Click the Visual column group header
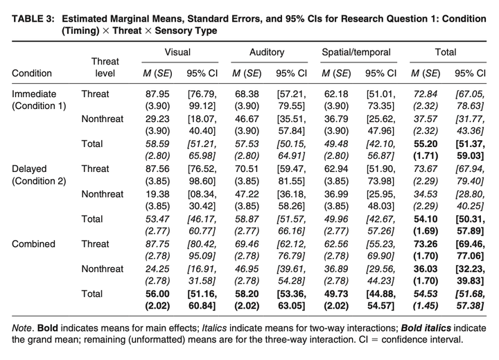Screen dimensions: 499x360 177,52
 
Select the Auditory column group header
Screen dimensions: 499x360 267,52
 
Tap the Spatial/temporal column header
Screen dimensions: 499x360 356,52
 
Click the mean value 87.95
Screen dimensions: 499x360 157,94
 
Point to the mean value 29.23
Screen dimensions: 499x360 157,119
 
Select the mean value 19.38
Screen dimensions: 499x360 157,194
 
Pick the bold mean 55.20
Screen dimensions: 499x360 426,144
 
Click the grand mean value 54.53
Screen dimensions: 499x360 426,293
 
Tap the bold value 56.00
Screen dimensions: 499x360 157,293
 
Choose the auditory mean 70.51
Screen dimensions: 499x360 247,169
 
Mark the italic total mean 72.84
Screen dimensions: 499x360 426,94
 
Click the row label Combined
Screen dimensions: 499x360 33,244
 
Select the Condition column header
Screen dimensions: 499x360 32,74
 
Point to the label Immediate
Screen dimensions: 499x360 34,94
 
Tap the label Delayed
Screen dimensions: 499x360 29,169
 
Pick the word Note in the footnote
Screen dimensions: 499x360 22,328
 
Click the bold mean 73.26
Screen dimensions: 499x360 426,244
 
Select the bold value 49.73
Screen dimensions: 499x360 336,293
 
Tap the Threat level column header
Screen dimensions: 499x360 105,67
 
